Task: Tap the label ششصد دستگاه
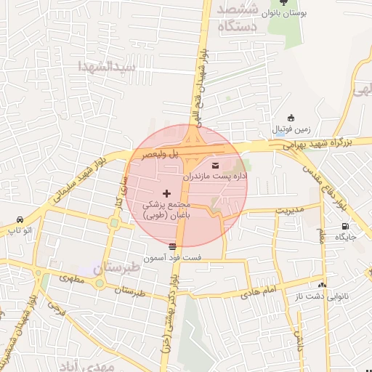[x=243, y=19]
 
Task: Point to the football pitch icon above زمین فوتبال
[x=291, y=118]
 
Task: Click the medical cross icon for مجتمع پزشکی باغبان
[x=168, y=193]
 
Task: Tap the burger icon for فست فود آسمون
[x=172, y=246]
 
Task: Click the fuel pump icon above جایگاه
[x=344, y=225]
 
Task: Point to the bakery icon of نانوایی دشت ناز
[x=323, y=285]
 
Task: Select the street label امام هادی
[x=258, y=291]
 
